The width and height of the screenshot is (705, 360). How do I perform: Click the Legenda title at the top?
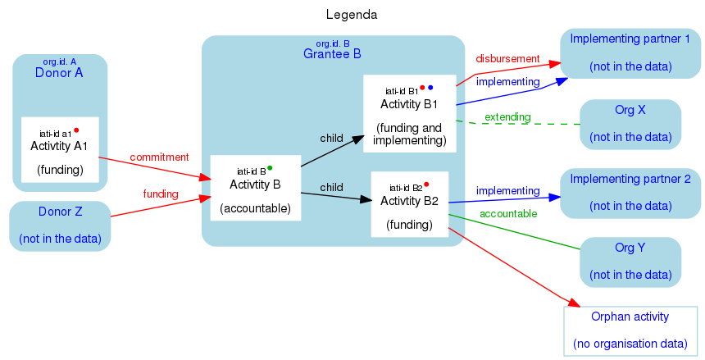352,15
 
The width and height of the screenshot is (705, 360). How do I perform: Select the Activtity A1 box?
60,148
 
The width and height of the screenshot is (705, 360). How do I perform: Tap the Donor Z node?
60,226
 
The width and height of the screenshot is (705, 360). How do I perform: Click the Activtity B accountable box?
256,188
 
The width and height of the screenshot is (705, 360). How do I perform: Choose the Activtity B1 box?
409,113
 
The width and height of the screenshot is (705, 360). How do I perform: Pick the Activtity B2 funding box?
409,203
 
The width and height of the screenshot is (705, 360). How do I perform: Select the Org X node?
630,124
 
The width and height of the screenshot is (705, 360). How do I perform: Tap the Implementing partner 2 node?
630,192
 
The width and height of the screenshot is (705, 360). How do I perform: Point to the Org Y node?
630,262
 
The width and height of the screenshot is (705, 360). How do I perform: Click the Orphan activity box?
630,330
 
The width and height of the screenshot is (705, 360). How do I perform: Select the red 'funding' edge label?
161,194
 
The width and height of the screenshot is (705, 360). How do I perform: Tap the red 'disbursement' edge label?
507,59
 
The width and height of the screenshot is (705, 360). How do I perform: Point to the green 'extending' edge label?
507,118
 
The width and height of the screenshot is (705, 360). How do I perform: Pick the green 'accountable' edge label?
508,214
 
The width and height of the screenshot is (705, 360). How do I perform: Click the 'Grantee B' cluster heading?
332,54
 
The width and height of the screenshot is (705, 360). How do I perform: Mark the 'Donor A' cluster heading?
59,73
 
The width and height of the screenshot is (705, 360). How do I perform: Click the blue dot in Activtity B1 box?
430,87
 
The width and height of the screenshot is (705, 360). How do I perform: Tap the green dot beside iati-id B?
270,167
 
